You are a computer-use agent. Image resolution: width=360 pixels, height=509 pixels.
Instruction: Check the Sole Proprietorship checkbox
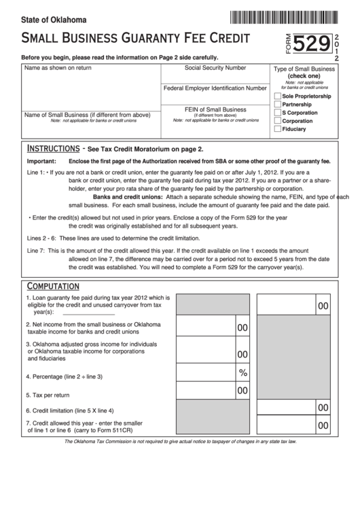(276, 96)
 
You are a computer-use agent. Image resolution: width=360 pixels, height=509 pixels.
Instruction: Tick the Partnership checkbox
(276, 105)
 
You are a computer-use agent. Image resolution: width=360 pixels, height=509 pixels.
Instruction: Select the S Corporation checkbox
(276, 113)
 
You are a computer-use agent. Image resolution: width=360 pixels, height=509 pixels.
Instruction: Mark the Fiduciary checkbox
(276, 128)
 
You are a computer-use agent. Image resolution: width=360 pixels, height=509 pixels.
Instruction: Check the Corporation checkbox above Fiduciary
(276, 121)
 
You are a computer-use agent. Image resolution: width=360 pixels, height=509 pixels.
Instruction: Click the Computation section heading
(53, 285)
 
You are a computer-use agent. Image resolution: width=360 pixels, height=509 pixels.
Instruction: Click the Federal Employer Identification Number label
(215, 88)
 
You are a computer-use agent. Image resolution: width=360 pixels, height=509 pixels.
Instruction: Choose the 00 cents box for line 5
(242, 391)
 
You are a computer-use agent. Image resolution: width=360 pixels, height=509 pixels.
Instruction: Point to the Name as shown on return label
(58, 69)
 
